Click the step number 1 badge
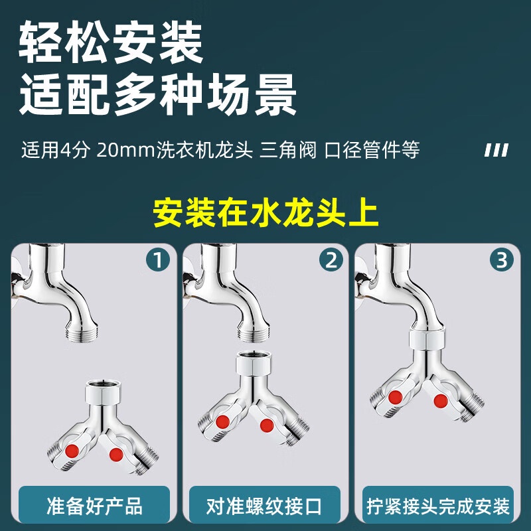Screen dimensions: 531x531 158,260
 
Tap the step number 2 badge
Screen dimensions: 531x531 331,260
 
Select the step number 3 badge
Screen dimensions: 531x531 502,260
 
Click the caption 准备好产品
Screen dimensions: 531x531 94,506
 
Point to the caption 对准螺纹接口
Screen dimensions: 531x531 264,506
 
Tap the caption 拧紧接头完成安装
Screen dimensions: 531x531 438,506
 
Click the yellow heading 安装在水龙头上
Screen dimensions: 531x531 265,213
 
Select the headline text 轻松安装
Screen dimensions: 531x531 111,42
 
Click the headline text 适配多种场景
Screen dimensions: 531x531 158,94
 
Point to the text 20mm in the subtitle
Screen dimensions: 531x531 125,150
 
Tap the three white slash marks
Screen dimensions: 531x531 496,151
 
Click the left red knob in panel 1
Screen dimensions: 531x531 72,451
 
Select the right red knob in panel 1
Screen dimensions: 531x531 116,455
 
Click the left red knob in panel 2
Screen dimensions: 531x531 222,422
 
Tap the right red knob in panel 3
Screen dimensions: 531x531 441,401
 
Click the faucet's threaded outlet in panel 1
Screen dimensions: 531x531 82,333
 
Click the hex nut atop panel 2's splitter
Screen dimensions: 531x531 254,363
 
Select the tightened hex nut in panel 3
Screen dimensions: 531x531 426,339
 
